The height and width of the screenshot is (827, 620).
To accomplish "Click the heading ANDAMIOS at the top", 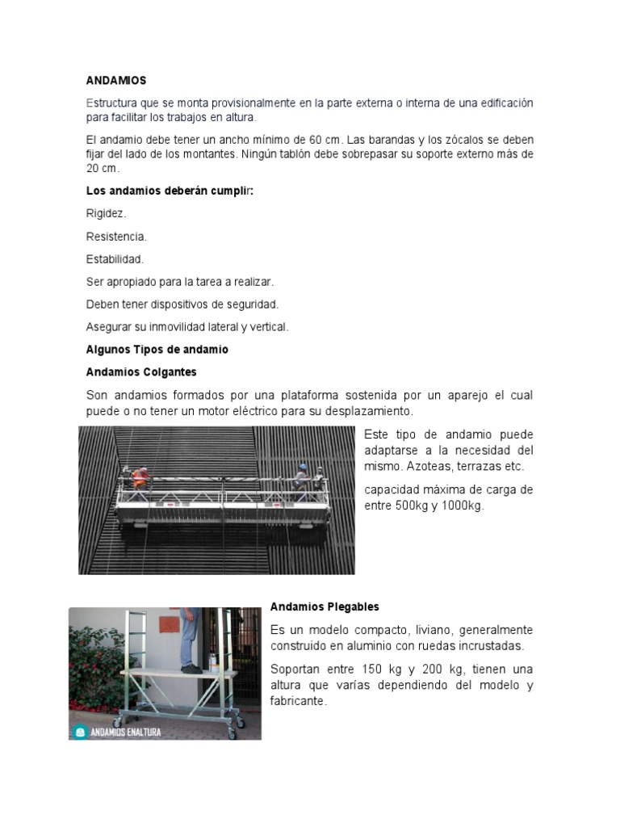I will (116, 81).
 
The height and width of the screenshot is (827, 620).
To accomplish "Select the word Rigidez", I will (107, 214).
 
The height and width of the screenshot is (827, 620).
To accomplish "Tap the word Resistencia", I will (116, 237).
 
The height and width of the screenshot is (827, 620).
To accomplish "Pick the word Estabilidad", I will (115, 259).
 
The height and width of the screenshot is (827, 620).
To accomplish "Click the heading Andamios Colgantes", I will (141, 372).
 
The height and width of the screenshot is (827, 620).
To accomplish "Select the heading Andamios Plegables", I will (325, 607).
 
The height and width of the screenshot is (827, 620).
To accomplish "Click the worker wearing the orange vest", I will (140, 476).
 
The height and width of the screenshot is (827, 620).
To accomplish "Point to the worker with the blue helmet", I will (302, 476).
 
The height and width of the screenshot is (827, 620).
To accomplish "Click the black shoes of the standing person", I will (191, 669).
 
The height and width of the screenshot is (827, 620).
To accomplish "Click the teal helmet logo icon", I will (79, 731).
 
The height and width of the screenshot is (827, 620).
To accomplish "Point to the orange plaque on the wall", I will (170, 624).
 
